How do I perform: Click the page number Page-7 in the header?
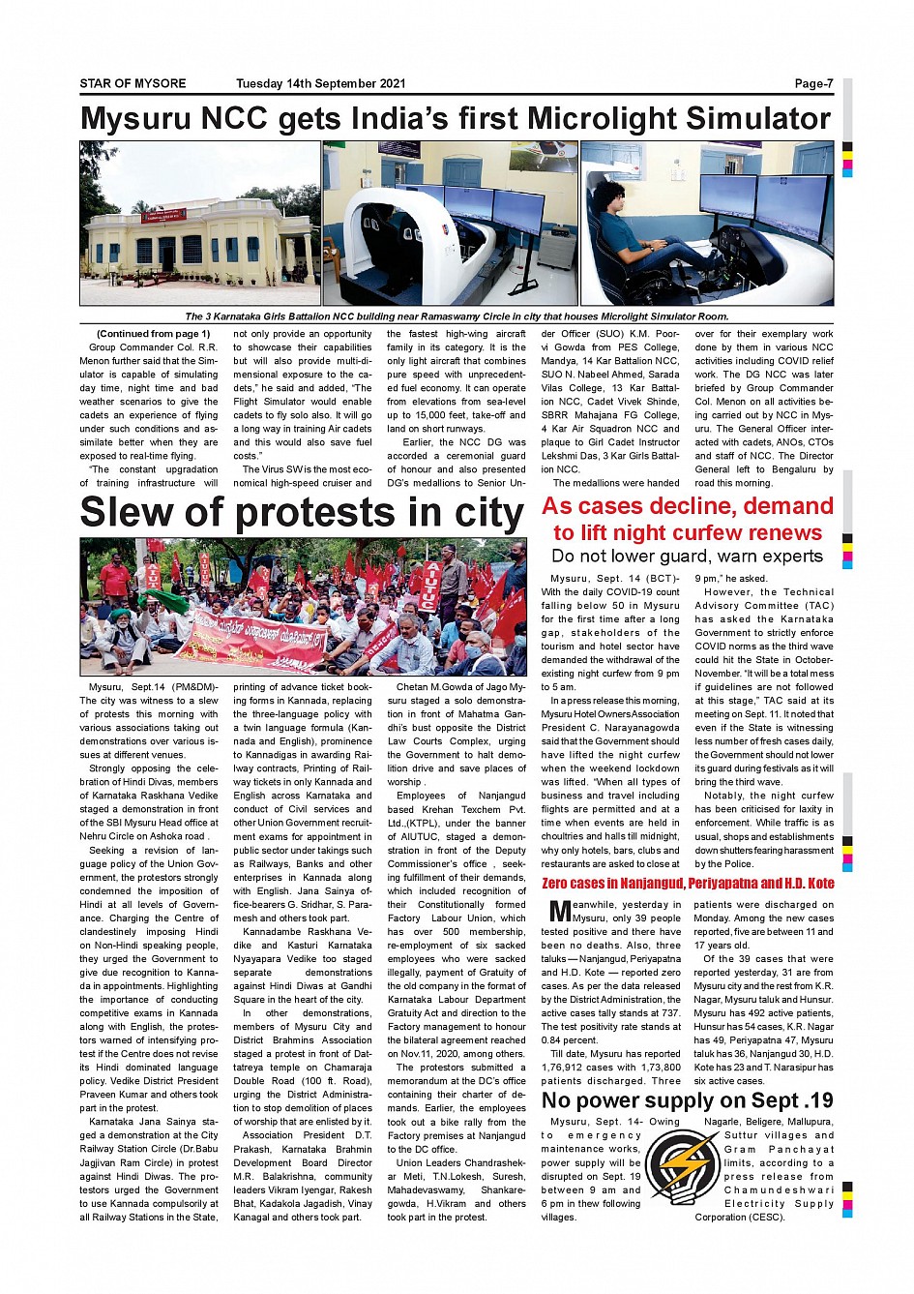click(x=813, y=83)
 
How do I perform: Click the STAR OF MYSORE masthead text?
click(x=133, y=83)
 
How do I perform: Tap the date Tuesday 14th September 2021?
click(x=320, y=83)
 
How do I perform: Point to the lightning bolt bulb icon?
click(x=681, y=1166)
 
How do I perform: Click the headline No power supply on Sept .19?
click(x=687, y=1100)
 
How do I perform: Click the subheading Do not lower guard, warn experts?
click(x=687, y=556)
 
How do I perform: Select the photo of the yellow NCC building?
click(x=199, y=224)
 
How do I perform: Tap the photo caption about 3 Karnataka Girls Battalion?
click(x=457, y=316)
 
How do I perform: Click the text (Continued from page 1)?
click(x=153, y=334)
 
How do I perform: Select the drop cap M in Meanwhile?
click(x=558, y=911)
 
